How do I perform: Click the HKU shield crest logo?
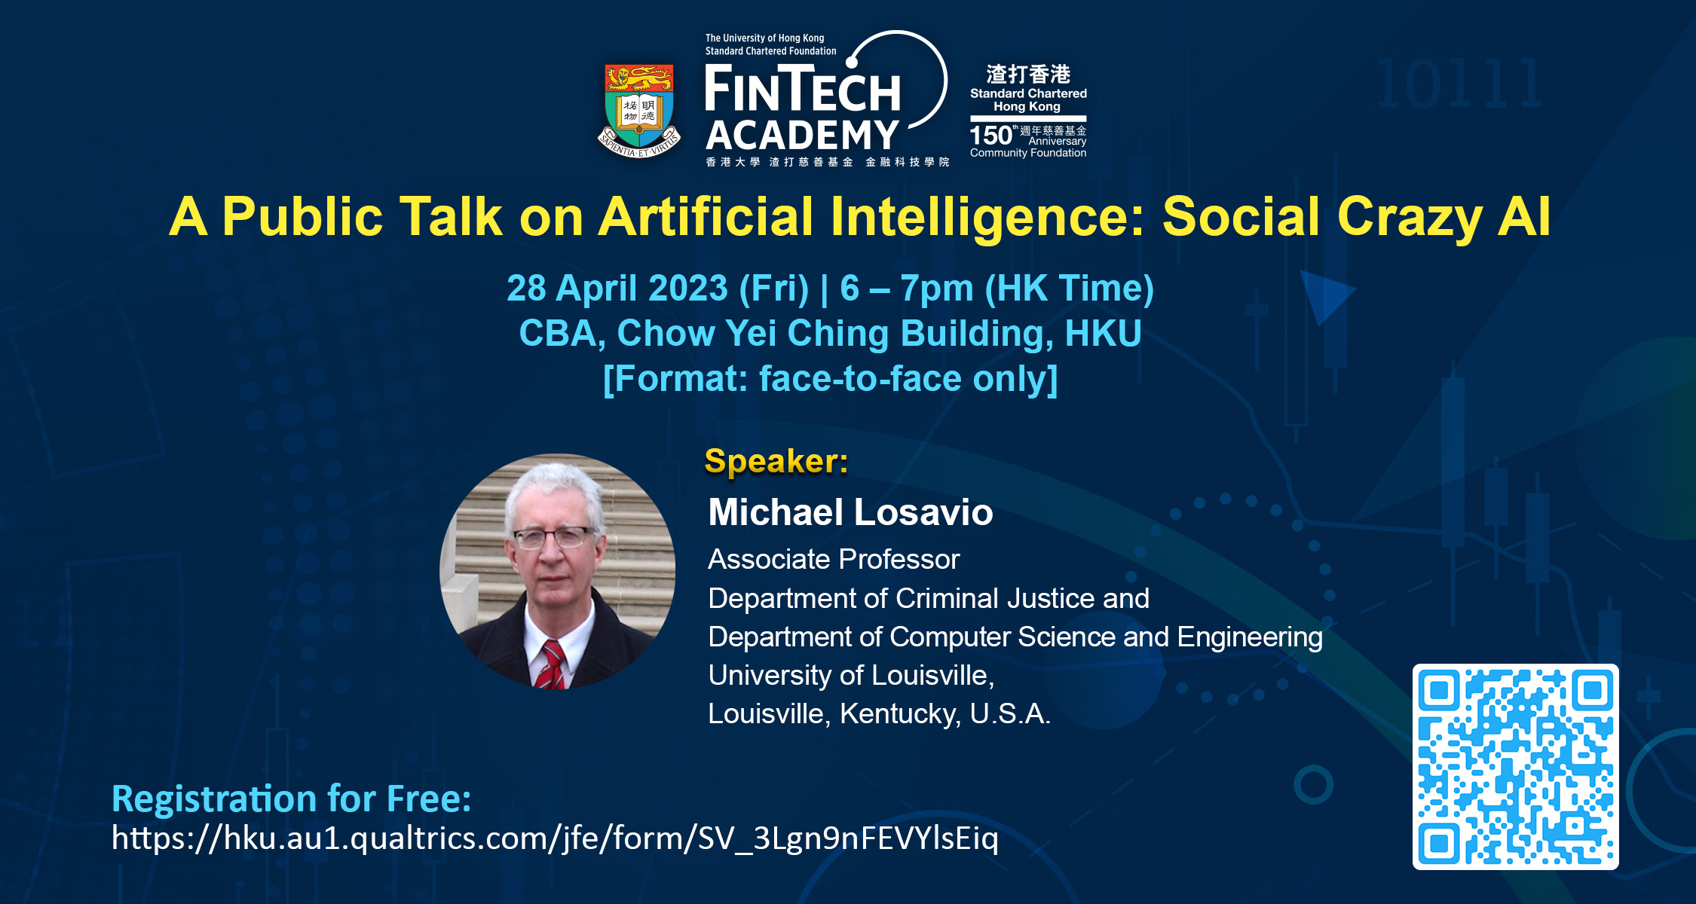coord(639,110)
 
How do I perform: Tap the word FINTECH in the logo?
coord(802,88)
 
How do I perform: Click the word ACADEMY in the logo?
coord(802,136)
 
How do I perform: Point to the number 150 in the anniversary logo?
coord(990,136)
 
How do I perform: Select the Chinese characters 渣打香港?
coord(1028,74)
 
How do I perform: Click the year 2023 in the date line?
coord(687,288)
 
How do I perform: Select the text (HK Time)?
coord(1070,289)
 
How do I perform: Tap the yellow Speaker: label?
coord(776,461)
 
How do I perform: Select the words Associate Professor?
coord(834,560)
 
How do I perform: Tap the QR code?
coord(1515,767)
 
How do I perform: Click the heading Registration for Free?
coord(291,799)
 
